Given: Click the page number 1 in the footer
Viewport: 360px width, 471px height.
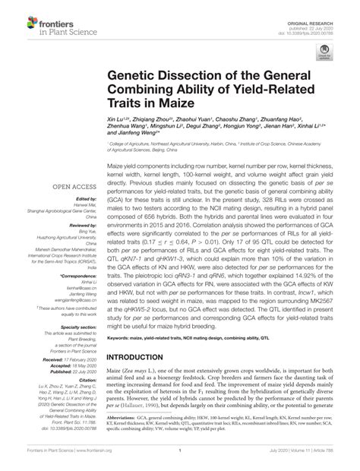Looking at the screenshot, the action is tap(180, 460).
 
